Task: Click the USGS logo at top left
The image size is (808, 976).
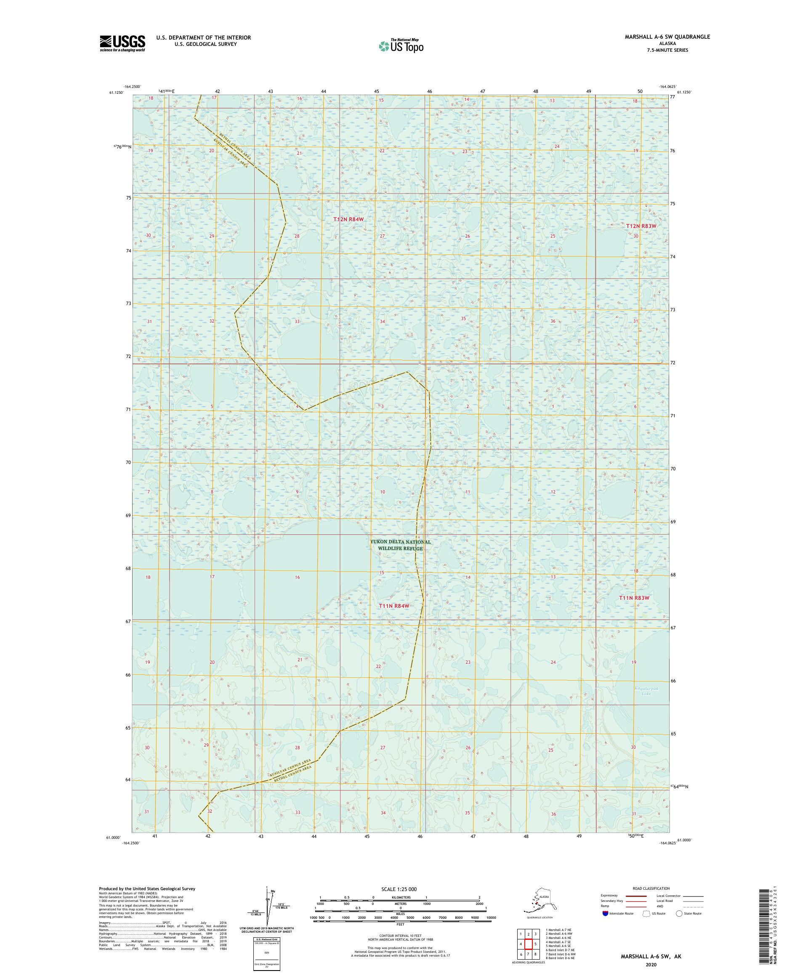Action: click(x=122, y=44)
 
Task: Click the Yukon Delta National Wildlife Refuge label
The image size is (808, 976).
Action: click(x=400, y=545)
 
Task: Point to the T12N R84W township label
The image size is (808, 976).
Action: click(x=348, y=218)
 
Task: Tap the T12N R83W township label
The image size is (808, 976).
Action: click(x=641, y=226)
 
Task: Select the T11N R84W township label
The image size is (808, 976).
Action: click(x=394, y=606)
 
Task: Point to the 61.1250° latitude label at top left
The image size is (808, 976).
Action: click(x=116, y=92)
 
